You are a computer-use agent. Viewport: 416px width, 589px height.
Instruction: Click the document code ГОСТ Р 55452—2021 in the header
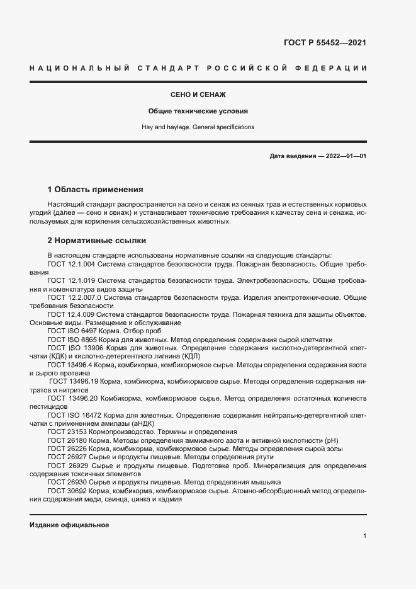325,43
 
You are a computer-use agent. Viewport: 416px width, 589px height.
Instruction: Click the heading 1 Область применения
96,189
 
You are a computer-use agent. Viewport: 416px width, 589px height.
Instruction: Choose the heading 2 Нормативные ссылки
96,240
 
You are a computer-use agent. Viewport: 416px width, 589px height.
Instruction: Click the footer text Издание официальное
69,525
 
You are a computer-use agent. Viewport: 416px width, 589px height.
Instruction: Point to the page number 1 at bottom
364,536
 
